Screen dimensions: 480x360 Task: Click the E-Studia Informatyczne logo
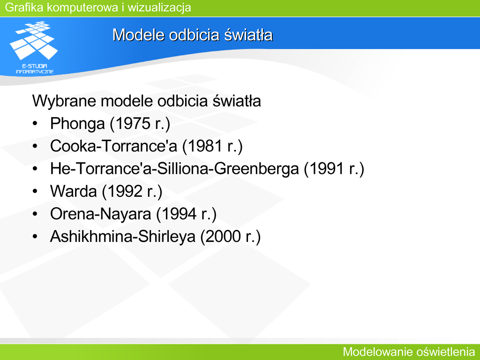tap(34, 47)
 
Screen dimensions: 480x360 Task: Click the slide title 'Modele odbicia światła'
tap(193, 35)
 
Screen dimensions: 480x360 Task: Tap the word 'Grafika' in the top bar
tap(24, 7)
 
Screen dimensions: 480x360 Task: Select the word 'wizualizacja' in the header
tap(159, 7)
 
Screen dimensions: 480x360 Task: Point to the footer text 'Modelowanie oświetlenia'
tap(409, 352)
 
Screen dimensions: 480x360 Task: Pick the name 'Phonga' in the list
tap(77, 124)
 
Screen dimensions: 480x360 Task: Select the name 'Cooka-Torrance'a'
tap(113, 146)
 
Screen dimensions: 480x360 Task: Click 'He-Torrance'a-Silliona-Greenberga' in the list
tap(174, 169)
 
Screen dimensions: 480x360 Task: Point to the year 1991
tap(327, 169)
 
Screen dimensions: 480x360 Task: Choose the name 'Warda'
tap(74, 191)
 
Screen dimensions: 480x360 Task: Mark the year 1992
tap(125, 191)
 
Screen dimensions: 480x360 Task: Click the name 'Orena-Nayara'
tap(101, 214)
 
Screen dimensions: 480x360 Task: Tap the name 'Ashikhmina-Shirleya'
tap(123, 237)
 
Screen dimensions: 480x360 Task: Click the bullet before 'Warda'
tap(35, 191)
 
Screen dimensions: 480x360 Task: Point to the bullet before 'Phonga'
tap(35, 123)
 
